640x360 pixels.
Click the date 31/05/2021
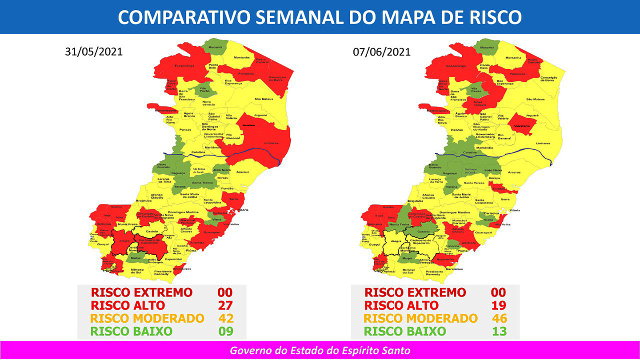click(94, 52)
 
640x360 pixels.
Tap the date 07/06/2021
click(382, 52)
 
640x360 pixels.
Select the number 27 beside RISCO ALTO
click(225, 305)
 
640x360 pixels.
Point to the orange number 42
click(226, 318)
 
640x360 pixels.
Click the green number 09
click(225, 331)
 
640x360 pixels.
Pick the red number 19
click(498, 305)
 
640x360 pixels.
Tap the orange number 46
click(498, 318)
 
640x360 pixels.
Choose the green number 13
click(498, 331)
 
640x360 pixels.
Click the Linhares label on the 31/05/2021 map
click(271, 143)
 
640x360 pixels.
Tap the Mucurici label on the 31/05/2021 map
click(216, 46)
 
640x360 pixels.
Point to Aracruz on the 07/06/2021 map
click(514, 172)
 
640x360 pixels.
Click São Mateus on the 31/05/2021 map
click(263, 99)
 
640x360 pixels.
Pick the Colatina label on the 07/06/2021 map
click(470, 152)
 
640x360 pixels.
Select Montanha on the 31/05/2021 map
click(241, 57)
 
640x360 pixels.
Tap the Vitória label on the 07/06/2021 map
click(515, 210)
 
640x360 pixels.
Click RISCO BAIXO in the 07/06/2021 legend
click(405, 331)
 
